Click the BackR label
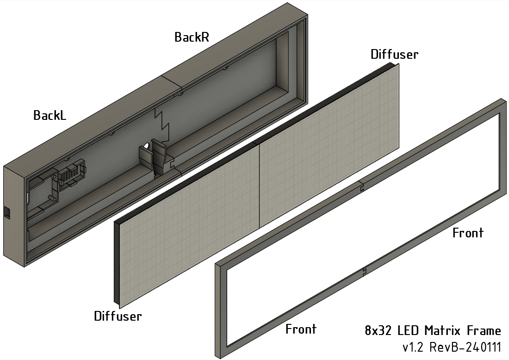click(192, 37)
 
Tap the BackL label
click(50, 115)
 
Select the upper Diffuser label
click(394, 54)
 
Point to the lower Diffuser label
click(118, 317)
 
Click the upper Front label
click(468, 233)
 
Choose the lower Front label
click(301, 329)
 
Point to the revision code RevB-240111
click(465, 347)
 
